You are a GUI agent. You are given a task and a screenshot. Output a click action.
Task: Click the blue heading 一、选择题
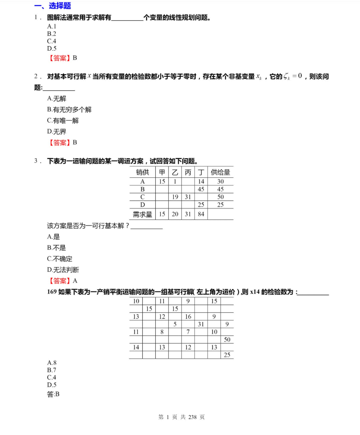pos(53,6)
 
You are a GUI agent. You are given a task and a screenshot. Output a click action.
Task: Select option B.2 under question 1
pos(52,34)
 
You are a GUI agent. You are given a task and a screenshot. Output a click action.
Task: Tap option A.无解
pos(57,99)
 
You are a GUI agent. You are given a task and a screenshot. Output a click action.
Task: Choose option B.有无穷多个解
pos(69,110)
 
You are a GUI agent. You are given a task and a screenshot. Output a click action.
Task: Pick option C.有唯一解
pos(63,121)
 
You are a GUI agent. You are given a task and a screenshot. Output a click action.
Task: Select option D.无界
pos(57,132)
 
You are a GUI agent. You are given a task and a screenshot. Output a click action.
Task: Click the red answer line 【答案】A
pos(63,280)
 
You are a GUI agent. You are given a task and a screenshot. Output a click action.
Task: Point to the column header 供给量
pos(220,172)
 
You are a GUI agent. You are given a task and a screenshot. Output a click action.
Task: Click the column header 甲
pos(162,172)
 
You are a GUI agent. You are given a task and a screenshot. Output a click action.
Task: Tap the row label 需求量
pos(142,214)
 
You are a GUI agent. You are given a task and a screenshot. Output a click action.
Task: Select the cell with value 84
pos(201,214)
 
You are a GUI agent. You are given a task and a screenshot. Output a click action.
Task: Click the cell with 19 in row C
pos(175,197)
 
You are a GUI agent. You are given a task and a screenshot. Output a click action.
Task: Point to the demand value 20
pos(175,214)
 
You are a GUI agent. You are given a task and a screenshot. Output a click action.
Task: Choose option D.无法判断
pos(63,270)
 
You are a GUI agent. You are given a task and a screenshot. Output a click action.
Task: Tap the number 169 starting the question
pos(52,292)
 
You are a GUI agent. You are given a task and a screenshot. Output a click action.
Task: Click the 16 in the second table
pos(188,317)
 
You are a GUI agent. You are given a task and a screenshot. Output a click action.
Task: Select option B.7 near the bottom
pos(52,370)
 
